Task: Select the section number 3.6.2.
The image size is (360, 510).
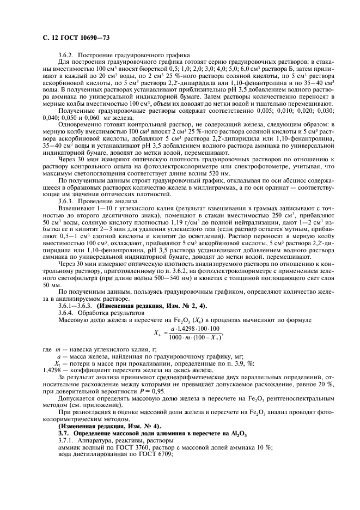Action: (65, 55)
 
